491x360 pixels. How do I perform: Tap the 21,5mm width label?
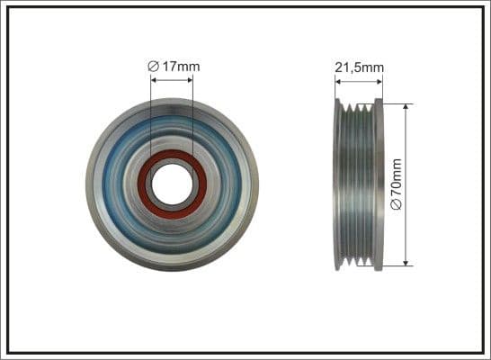[359, 66]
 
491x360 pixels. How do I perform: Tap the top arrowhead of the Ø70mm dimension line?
[407, 106]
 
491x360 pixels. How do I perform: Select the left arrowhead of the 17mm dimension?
[154, 80]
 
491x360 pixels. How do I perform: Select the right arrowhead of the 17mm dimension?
[189, 80]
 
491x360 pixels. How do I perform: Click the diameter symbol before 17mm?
[154, 66]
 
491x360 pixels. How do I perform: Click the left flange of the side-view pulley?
[338, 184]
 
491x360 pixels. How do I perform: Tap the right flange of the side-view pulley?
[379, 184]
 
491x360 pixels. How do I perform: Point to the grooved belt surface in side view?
[359, 184]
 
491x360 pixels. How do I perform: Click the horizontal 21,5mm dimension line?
[359, 80]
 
